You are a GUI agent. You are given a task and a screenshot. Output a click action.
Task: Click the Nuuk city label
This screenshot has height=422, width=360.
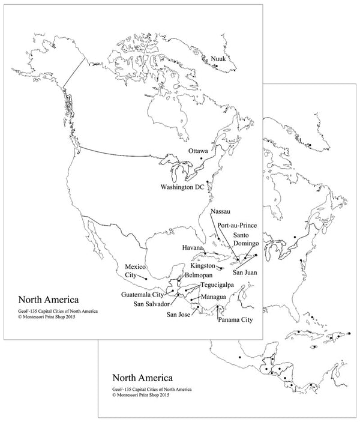[219, 58]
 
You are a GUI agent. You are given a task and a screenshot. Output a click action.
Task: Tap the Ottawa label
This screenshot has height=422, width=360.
[197, 150]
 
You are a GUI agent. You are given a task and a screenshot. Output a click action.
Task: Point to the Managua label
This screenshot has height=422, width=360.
[214, 297]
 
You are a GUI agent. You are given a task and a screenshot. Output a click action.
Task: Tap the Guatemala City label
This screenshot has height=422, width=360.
[142, 295]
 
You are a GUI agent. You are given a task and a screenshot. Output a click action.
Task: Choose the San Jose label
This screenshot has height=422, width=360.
[180, 315]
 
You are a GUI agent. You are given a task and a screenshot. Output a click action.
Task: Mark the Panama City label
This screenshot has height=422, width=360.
[235, 320]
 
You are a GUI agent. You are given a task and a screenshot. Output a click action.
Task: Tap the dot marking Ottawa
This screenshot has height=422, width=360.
[202, 158]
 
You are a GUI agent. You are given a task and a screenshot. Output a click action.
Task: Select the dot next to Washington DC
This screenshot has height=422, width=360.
[207, 182]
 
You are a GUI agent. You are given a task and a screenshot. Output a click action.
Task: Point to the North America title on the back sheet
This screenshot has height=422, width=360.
[143, 379]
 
